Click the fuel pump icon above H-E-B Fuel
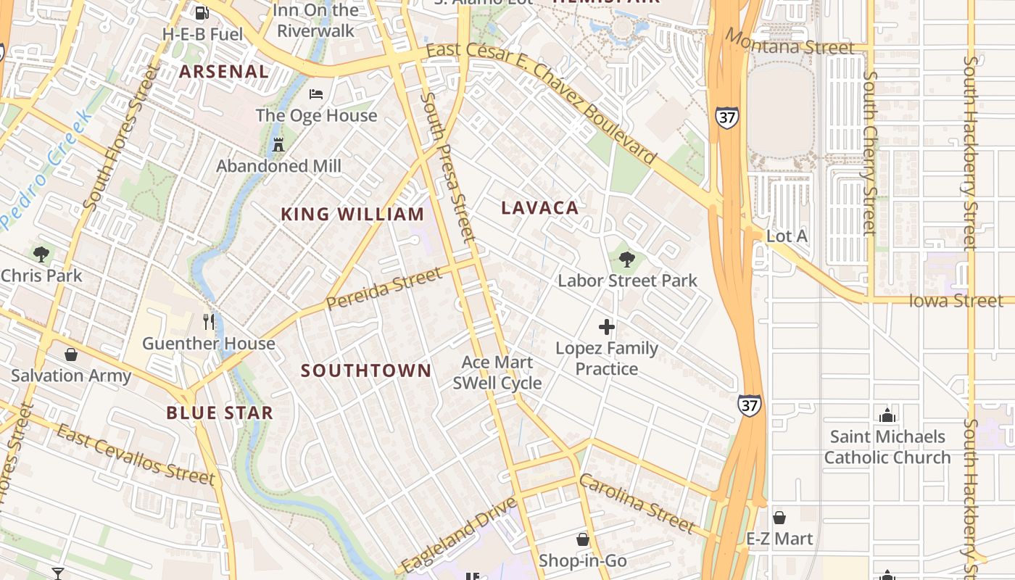pyautogui.click(x=202, y=12)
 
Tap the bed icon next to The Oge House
pyautogui.click(x=316, y=94)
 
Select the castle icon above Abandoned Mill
pyautogui.click(x=278, y=144)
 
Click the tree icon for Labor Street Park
pyautogui.click(x=627, y=258)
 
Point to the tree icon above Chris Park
pyautogui.click(x=41, y=254)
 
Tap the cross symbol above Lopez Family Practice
pyautogui.click(x=607, y=327)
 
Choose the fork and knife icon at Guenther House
pyautogui.click(x=209, y=321)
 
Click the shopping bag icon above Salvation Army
pyautogui.click(x=71, y=355)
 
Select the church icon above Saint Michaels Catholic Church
pyautogui.click(x=887, y=415)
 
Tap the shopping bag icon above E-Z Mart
pyautogui.click(x=779, y=518)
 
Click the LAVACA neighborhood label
pyautogui.click(x=540, y=208)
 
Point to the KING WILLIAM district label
pyautogui.click(x=352, y=215)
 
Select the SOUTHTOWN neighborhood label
pyautogui.click(x=366, y=370)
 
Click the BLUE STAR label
pyautogui.click(x=220, y=413)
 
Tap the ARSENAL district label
pyautogui.click(x=224, y=72)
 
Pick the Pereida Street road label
pyautogui.click(x=384, y=289)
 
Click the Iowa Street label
pyautogui.click(x=956, y=300)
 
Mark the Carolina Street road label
pyautogui.click(x=637, y=502)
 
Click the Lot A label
pyautogui.click(x=787, y=236)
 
